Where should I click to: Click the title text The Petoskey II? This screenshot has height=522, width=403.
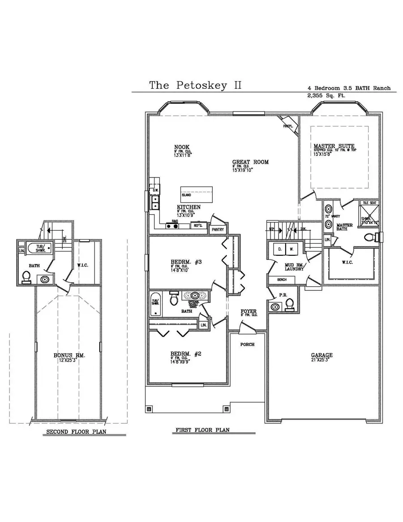[195, 85]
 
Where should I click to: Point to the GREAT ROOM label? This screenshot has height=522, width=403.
[250, 162]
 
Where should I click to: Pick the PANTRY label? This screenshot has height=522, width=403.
[219, 229]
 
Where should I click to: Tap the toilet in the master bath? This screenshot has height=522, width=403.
[370, 237]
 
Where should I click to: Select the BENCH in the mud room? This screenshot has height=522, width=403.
[282, 280]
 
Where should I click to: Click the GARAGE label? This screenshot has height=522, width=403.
[322, 355]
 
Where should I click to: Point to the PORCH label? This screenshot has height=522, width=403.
[247, 344]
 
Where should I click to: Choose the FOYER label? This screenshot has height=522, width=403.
[248, 311]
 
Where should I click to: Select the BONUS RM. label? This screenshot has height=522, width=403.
[69, 355]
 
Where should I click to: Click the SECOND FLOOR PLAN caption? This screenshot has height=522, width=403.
[79, 432]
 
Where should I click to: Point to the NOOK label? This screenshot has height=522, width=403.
[182, 147]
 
